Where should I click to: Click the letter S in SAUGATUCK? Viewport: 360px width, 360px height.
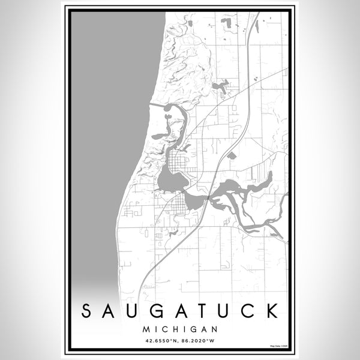pyautogui.click(x=86, y=311)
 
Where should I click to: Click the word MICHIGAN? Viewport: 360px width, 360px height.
pyautogui.click(x=179, y=329)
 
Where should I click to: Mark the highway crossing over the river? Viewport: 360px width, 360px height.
pyautogui.click(x=208, y=197)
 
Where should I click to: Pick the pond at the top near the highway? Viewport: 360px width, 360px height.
pyautogui.click(x=228, y=24)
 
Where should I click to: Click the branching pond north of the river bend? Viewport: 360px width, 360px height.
pyautogui.click(x=220, y=88)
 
